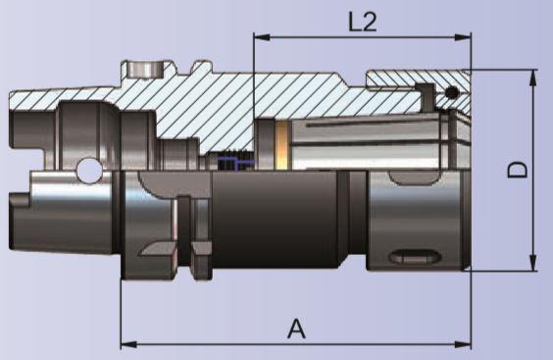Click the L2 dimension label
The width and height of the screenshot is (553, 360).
click(363, 22)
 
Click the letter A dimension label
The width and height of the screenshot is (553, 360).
click(296, 329)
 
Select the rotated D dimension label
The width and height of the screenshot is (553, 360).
click(518, 170)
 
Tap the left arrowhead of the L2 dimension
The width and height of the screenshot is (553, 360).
click(262, 36)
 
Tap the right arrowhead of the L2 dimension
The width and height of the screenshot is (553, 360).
click(463, 36)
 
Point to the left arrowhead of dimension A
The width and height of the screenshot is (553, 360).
click(129, 344)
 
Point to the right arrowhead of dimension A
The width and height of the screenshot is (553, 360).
click(463, 344)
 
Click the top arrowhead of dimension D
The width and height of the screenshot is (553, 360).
click(533, 77)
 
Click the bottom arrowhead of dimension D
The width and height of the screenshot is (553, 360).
click(533, 263)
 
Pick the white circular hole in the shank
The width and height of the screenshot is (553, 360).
click(88, 171)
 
